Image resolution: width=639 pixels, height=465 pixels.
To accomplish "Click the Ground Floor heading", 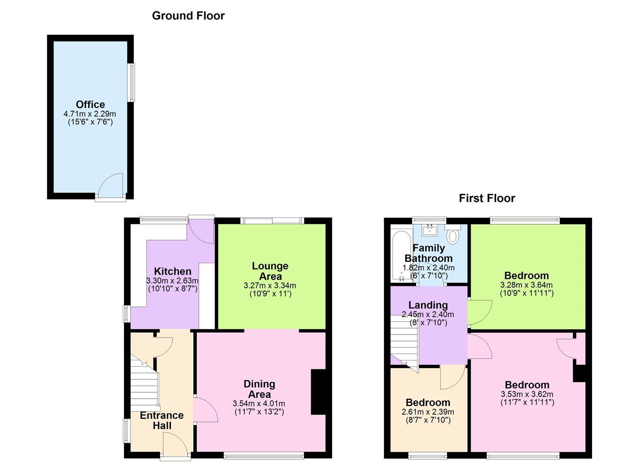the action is click(x=188, y=15).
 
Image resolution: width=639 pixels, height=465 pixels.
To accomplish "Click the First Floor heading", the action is click(x=487, y=198).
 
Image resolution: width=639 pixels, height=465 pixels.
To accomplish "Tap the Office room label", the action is click(x=90, y=104).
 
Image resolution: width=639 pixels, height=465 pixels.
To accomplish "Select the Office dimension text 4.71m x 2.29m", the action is click(x=90, y=114).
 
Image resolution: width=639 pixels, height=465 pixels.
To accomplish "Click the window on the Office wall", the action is click(x=131, y=83).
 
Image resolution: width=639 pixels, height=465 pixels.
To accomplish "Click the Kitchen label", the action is click(x=173, y=271).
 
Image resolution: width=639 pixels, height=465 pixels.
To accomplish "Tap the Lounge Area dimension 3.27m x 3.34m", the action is click(x=270, y=285).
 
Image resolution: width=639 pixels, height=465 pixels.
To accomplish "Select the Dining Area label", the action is click(x=259, y=389).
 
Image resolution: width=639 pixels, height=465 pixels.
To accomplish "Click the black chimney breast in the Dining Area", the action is click(x=318, y=392).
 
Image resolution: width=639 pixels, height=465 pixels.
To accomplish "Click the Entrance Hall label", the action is click(x=162, y=420).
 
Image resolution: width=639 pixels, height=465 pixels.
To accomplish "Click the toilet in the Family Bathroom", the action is click(x=453, y=234).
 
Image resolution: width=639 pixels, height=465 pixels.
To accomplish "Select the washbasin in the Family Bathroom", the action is click(x=429, y=230).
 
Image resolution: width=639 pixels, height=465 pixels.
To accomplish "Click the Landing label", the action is click(x=428, y=305).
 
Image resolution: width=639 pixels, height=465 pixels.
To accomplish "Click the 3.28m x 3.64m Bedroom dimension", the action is click(x=526, y=285).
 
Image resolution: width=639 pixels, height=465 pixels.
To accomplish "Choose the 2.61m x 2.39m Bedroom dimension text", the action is click(x=428, y=412).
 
